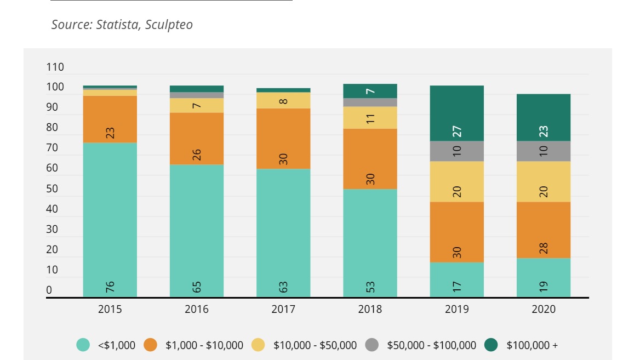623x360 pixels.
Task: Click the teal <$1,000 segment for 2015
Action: coord(110,219)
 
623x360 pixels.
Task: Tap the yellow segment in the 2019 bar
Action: coord(457,181)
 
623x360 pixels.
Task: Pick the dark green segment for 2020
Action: coord(544,117)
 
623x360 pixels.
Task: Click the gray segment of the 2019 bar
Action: coord(457,151)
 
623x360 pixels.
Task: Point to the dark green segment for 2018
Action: coord(370,91)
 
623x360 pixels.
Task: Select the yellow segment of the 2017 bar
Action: coord(283,100)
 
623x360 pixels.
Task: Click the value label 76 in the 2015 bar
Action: coord(110,286)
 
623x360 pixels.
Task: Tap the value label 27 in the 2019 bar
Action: coord(457,132)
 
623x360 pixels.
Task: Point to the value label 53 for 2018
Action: coord(370,286)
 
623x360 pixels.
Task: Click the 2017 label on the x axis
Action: coord(283,309)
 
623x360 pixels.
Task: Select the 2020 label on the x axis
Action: coord(544,309)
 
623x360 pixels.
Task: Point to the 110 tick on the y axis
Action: coord(55,67)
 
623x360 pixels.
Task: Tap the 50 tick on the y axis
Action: coord(52,189)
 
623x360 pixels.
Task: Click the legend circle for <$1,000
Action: coord(83,345)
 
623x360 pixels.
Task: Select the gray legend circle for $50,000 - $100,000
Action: coord(372,345)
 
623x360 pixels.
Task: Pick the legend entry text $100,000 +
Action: coord(532,345)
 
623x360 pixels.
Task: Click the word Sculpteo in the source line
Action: coord(169,25)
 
